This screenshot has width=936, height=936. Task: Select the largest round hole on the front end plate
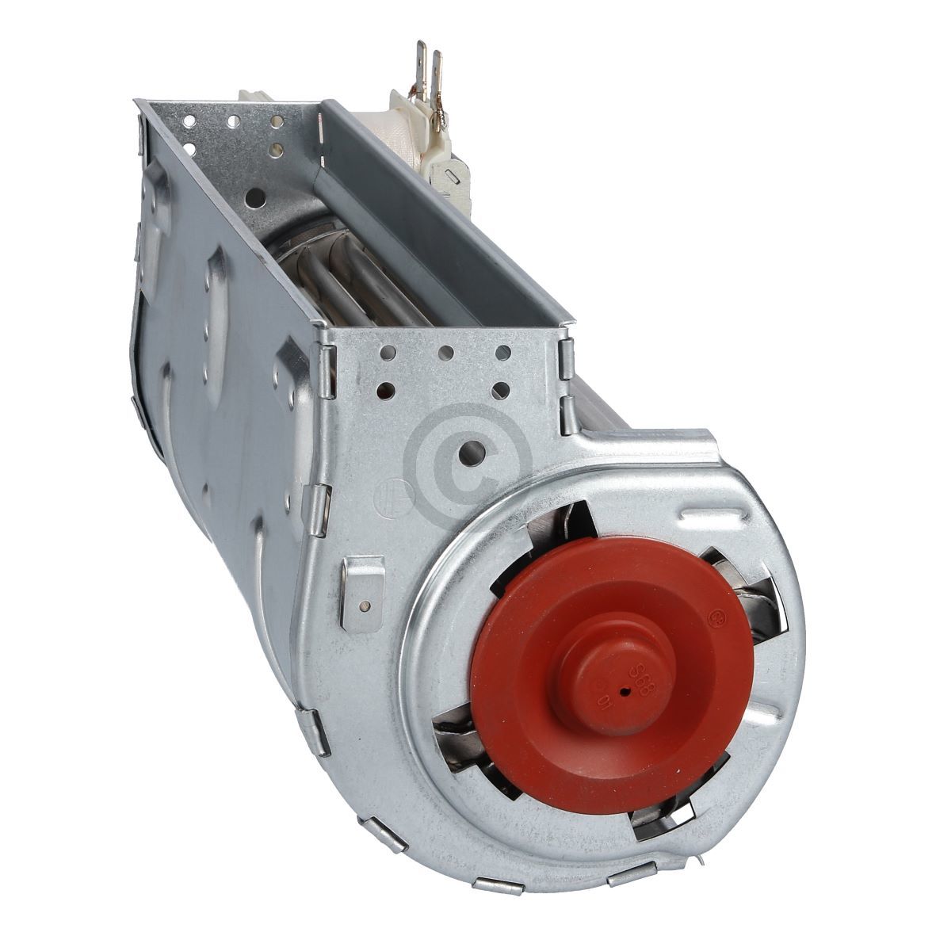point(473,451)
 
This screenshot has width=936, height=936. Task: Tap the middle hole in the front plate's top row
point(446,353)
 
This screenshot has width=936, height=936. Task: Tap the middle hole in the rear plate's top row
point(234,123)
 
